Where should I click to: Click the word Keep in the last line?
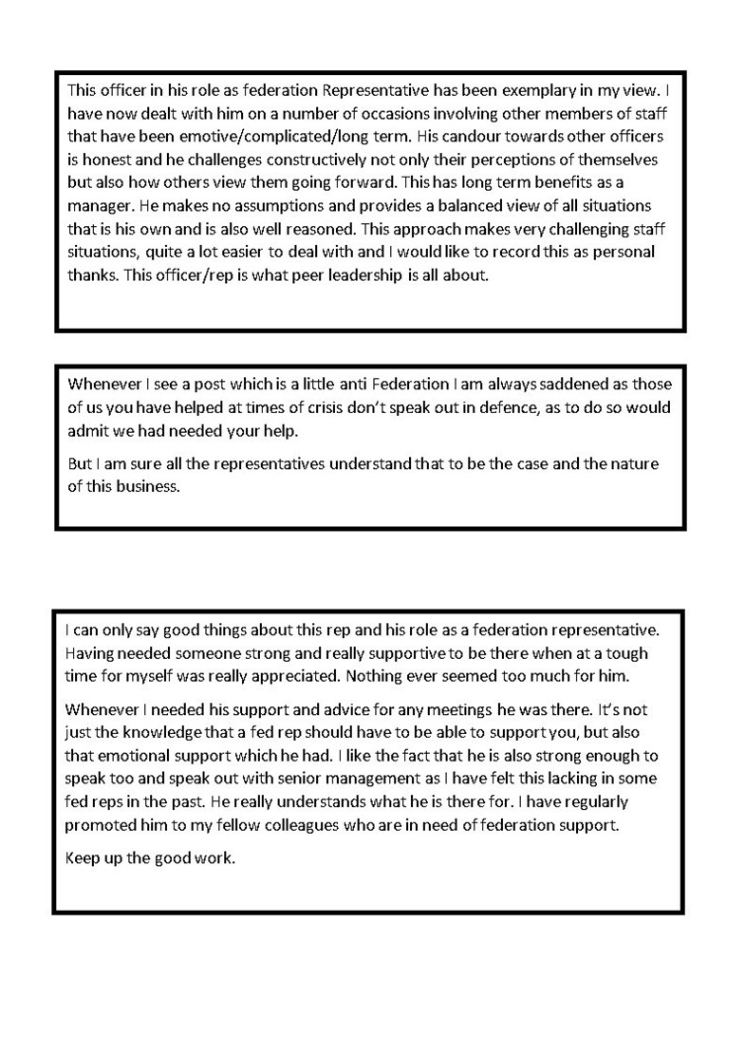click(x=82, y=858)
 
